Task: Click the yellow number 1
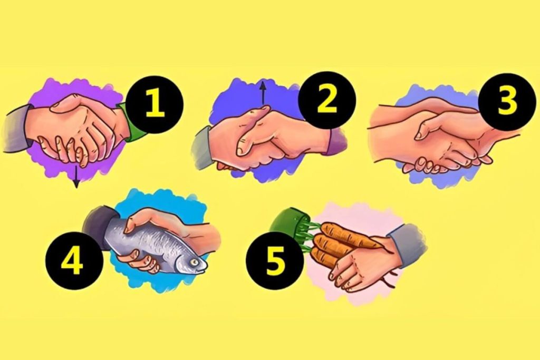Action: [156, 104]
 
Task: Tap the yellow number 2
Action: [327, 100]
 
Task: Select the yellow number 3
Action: [506, 102]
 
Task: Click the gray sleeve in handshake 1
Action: [15, 128]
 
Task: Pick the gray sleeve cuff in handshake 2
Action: [201, 148]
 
